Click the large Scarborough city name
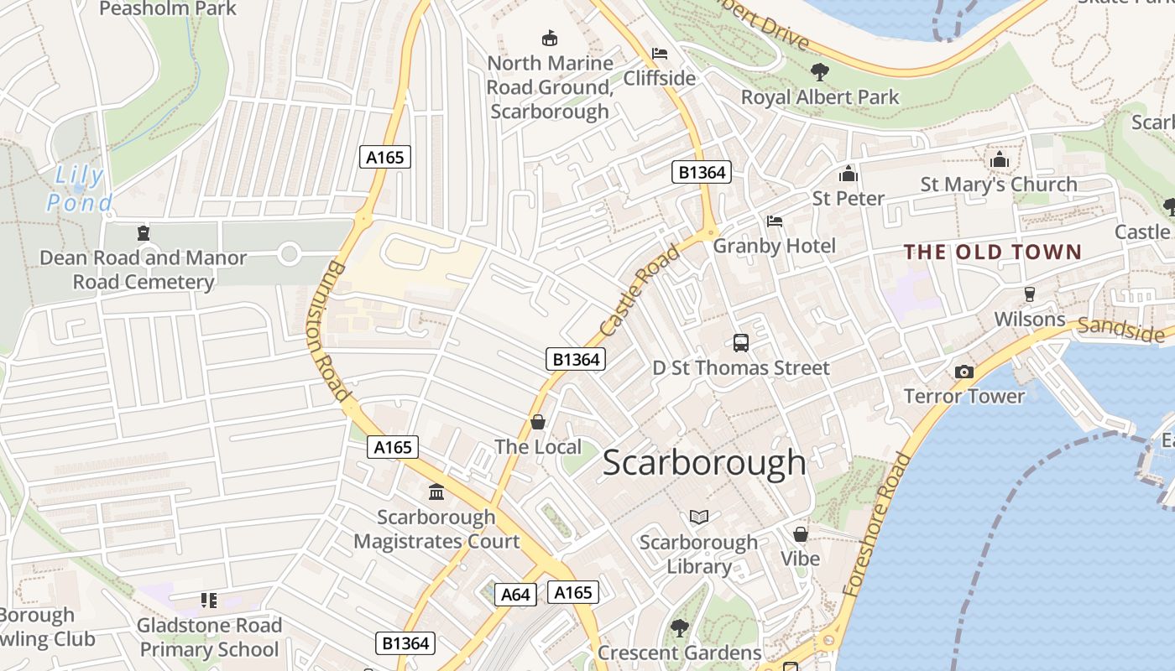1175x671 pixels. click(704, 463)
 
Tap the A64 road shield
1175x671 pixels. click(515, 595)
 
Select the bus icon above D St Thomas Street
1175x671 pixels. click(740, 342)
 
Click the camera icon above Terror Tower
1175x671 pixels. click(963, 372)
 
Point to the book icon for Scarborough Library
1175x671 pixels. click(699, 517)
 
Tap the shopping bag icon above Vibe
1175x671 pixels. click(800, 533)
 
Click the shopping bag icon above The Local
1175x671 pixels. click(538, 422)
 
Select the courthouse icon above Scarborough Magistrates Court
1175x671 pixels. click(436, 492)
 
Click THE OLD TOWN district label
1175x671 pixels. click(992, 252)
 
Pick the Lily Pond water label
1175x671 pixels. click(80, 190)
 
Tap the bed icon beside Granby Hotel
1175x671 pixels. click(775, 221)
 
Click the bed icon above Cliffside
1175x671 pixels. click(660, 54)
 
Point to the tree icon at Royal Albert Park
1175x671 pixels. click(819, 72)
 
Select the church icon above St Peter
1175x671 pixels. click(848, 174)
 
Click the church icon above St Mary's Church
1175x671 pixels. click(999, 159)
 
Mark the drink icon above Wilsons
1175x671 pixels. click(1029, 294)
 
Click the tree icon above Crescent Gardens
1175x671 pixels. click(679, 627)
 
